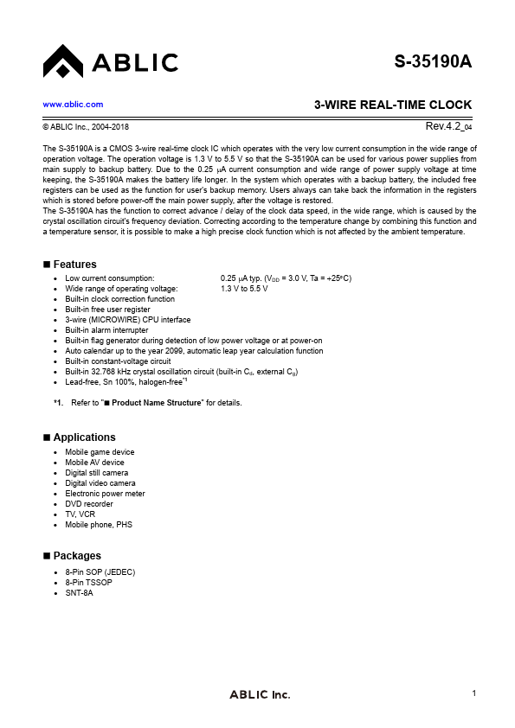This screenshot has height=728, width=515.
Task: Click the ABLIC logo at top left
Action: pyautogui.click(x=110, y=62)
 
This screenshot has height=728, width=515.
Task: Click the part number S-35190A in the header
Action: pyautogui.click(x=433, y=62)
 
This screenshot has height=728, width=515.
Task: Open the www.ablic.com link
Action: pyautogui.click(x=73, y=105)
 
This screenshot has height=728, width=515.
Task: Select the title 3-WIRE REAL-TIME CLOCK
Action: pyautogui.click(x=392, y=105)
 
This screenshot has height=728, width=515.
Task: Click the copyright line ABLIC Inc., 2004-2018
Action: pyautogui.click(x=86, y=128)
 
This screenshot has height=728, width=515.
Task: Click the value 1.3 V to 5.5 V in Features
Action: pyautogui.click(x=244, y=288)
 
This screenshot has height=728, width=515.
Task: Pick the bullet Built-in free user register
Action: pyautogui.click(x=107, y=309)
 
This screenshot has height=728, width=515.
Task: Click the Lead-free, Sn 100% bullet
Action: pyautogui.click(x=126, y=381)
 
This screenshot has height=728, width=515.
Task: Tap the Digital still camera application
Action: pyautogui.click(x=96, y=473)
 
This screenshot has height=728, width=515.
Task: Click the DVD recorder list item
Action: pyautogui.click(x=89, y=504)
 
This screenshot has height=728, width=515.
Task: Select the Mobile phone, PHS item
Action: pyautogui.click(x=99, y=525)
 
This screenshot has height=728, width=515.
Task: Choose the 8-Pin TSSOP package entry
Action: pyautogui.click(x=88, y=583)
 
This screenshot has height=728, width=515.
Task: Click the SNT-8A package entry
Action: pyautogui.click(x=79, y=593)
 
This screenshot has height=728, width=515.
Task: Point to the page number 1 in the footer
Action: pyautogui.click(x=475, y=694)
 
